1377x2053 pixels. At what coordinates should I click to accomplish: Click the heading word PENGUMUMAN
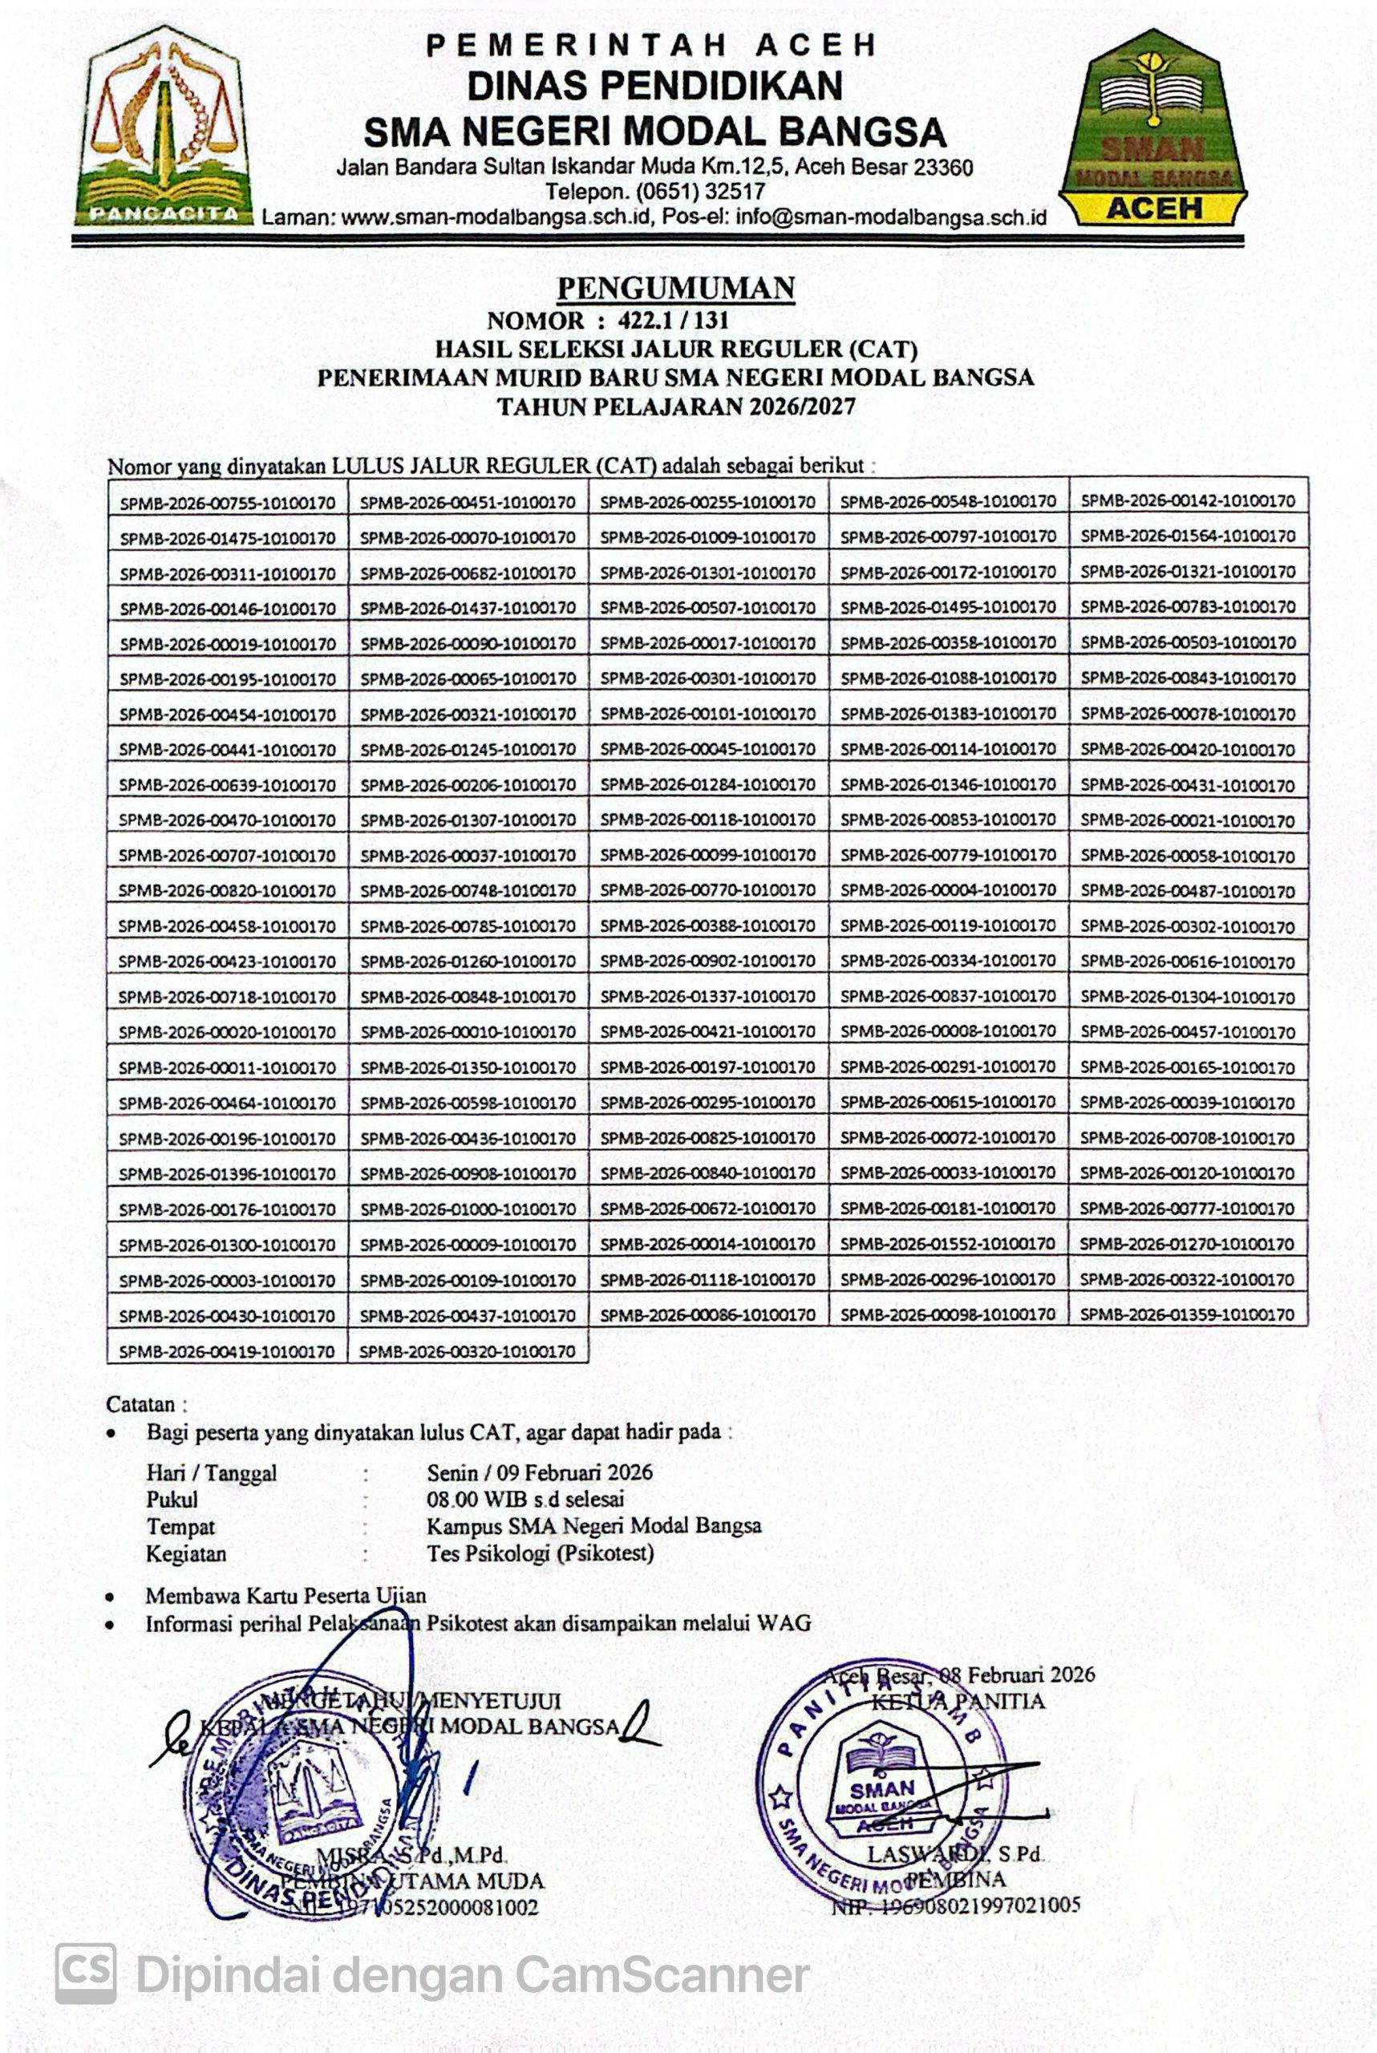(676, 288)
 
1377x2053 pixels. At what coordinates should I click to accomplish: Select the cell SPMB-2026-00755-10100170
(228, 502)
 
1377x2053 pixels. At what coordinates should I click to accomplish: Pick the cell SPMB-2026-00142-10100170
(1187, 501)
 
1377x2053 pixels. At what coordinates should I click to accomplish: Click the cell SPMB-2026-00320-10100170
(468, 1350)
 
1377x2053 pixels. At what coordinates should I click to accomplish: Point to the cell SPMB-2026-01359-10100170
(1187, 1314)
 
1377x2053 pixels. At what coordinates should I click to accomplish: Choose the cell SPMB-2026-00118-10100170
(708, 820)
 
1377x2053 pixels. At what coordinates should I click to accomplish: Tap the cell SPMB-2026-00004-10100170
(948, 890)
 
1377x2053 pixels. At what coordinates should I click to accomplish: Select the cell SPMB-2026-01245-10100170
(468, 749)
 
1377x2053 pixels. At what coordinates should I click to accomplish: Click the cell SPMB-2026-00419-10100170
(228, 1351)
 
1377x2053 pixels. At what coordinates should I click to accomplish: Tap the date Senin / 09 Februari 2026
(539, 1472)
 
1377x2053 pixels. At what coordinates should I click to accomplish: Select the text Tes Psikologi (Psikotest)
(540, 1553)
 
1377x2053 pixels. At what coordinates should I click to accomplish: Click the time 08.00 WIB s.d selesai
(525, 1499)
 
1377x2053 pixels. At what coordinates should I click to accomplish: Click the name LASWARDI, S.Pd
(954, 1855)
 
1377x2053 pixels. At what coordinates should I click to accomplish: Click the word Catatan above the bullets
(140, 1404)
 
